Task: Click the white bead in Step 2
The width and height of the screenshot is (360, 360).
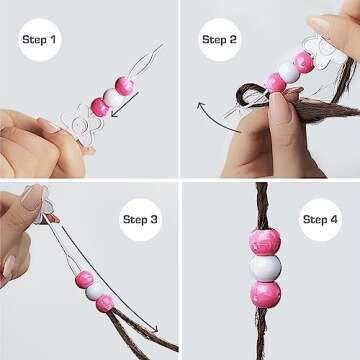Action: [289, 71]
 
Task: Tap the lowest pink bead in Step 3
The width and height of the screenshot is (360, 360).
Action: [105, 302]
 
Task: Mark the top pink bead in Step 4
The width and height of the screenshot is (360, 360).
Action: [265, 241]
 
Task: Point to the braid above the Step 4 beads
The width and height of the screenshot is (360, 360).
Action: [264, 205]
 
